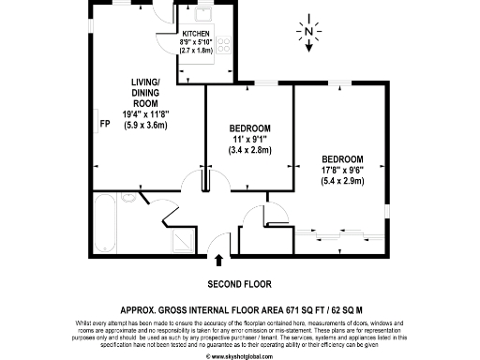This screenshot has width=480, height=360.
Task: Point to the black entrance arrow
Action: [x=219, y=259]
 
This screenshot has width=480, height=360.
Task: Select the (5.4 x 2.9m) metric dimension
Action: [x=341, y=181]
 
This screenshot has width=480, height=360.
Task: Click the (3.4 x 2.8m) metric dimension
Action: [x=250, y=149]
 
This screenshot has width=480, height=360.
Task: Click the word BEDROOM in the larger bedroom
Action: [x=341, y=159]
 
